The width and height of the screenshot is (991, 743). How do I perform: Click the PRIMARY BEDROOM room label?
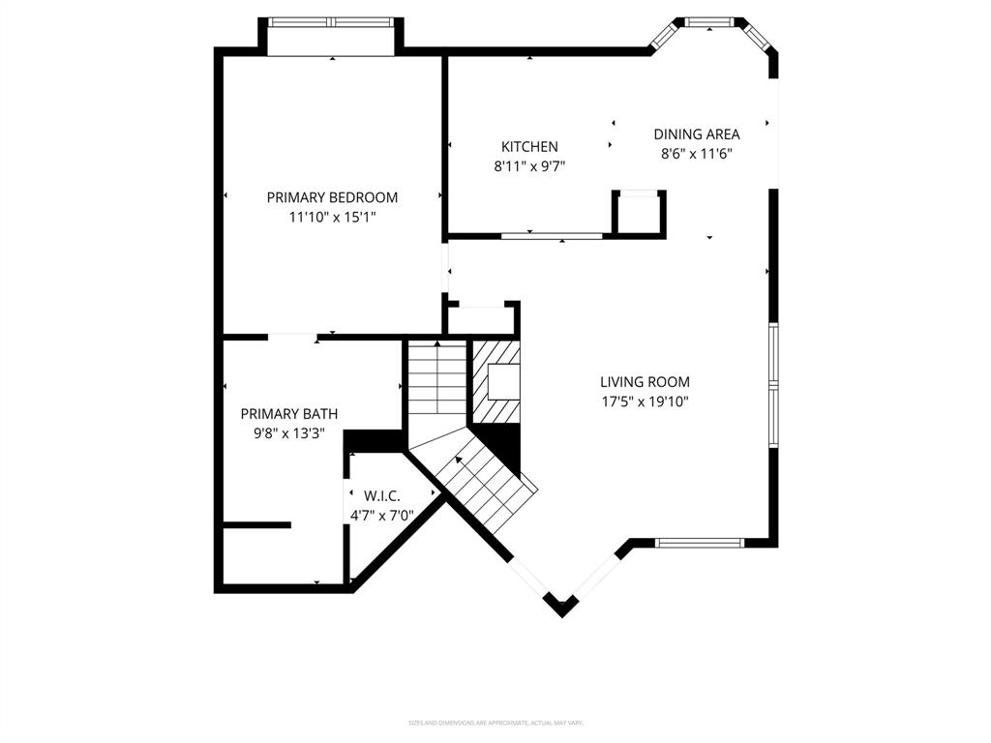[x=332, y=197]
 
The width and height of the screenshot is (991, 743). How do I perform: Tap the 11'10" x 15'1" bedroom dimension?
[x=332, y=218]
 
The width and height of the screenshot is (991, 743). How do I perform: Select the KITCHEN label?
[x=529, y=147]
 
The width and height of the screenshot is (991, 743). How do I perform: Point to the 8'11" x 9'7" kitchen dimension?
[x=529, y=166]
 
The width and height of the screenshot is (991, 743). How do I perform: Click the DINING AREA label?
[x=697, y=134]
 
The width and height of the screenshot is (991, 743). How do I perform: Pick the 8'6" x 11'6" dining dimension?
[x=697, y=153]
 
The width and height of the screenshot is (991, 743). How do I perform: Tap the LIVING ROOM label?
[x=645, y=382]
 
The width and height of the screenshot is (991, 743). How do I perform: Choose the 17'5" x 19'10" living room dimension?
[x=645, y=401]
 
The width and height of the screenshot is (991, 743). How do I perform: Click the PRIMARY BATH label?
[x=289, y=413]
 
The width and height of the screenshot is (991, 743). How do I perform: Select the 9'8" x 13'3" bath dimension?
[x=289, y=433]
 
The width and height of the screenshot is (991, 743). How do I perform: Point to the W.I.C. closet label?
[x=382, y=495]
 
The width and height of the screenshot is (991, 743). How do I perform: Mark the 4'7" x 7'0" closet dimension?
[x=382, y=515]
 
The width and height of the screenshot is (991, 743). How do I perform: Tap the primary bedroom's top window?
[x=331, y=21]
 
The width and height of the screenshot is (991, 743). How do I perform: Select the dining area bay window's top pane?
[x=709, y=20]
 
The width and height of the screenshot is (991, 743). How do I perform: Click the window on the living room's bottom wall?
[x=698, y=543]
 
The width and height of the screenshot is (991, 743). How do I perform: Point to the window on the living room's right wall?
[x=773, y=384]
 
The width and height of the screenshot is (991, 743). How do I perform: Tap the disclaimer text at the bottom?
[x=495, y=723]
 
